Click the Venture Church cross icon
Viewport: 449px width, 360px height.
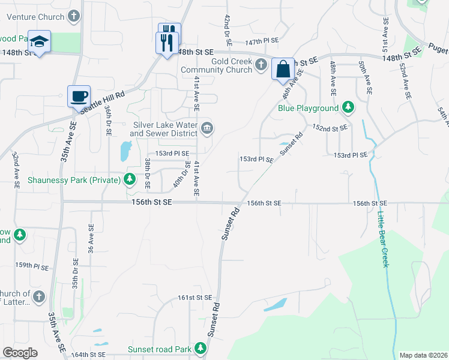[74, 16]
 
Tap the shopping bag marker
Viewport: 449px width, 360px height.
[283, 68]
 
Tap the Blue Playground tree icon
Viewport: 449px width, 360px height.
[347, 108]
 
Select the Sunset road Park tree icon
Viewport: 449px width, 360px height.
[201, 349]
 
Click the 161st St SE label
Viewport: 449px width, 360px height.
[195, 298]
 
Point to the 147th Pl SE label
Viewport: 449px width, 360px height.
[262, 41]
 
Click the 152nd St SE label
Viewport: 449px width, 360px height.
[330, 128]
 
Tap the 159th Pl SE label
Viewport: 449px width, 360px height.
[31, 265]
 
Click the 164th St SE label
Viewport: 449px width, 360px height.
[88, 355]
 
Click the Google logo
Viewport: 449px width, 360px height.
[20, 353]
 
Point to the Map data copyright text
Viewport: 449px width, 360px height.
[423, 355]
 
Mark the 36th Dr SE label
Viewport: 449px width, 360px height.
[108, 120]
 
